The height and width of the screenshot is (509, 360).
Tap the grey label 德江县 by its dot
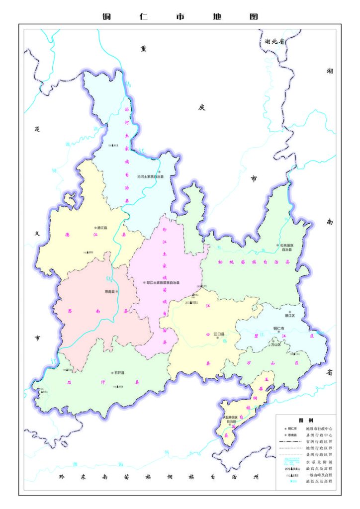[102, 228]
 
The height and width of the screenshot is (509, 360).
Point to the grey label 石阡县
[119, 372]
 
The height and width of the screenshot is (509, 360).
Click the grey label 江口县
[219, 335]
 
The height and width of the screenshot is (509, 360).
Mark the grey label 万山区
[276, 343]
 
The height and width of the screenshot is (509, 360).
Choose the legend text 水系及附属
[318, 461]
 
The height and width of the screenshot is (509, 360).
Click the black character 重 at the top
[144, 48]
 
